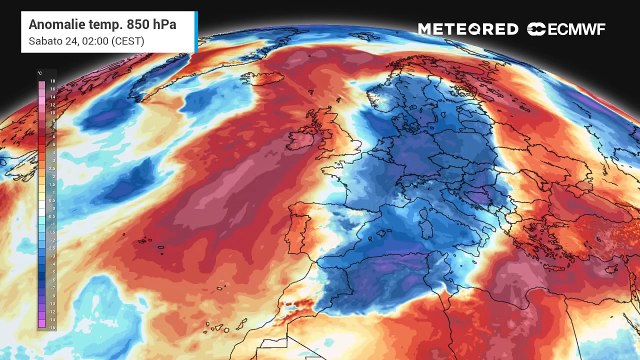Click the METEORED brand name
468,29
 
